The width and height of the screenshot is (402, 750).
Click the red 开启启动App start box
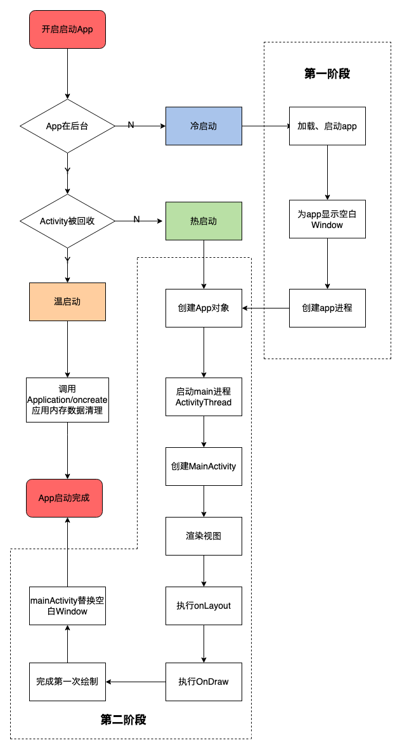pos(67,29)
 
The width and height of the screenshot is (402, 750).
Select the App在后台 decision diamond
pos(67,126)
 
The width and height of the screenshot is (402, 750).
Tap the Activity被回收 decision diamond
pos(67,221)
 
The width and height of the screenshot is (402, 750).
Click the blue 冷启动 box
pos(204,126)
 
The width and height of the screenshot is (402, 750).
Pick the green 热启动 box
pos(204,221)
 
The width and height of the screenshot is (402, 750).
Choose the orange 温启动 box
pos(67,302)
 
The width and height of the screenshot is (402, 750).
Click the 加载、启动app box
pos(327,126)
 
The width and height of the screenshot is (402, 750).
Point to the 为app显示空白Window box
pos(327,219)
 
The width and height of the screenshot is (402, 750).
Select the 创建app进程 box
pos(327,308)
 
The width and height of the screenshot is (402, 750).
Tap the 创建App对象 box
pos(204,308)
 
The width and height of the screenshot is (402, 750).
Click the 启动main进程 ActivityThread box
pos(204,397)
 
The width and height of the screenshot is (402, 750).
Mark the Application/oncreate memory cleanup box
pos(67,400)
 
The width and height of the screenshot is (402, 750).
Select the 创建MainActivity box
pos(204,466)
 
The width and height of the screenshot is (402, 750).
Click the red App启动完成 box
pos(64,498)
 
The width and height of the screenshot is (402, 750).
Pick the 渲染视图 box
pos(204,536)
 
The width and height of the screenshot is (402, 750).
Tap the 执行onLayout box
pos(204,606)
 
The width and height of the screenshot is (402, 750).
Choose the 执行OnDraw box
pos(204,682)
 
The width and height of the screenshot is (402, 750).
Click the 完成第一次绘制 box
pos(67,682)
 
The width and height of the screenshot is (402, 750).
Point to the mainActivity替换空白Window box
pos(67,606)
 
